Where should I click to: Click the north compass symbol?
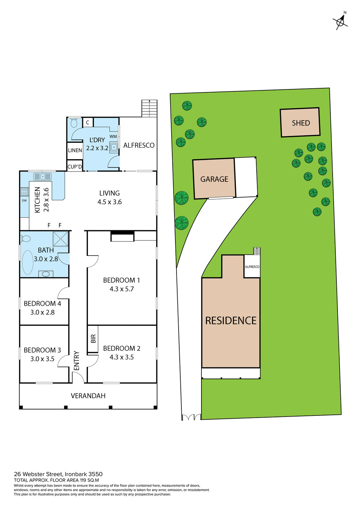click(340, 21)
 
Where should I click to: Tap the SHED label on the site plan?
click(301, 123)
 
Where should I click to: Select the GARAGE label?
click(214, 179)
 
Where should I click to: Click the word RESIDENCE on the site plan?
click(231, 321)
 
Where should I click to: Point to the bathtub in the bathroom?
click(28, 262)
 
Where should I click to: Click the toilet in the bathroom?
click(25, 239)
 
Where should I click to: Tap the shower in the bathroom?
click(60, 239)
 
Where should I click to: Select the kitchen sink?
click(43, 176)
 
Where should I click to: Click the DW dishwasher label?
click(24, 201)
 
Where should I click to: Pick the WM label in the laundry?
click(113, 136)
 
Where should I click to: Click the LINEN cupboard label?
click(75, 150)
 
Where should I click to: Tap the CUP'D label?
click(75, 167)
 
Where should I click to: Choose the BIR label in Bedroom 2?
click(93, 339)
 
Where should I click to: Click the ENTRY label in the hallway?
click(77, 361)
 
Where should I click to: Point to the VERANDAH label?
click(88, 396)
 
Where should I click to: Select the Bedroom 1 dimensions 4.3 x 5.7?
click(122, 289)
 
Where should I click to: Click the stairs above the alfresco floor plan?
click(149, 108)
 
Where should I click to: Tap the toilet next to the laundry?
click(74, 123)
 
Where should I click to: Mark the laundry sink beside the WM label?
click(114, 147)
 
